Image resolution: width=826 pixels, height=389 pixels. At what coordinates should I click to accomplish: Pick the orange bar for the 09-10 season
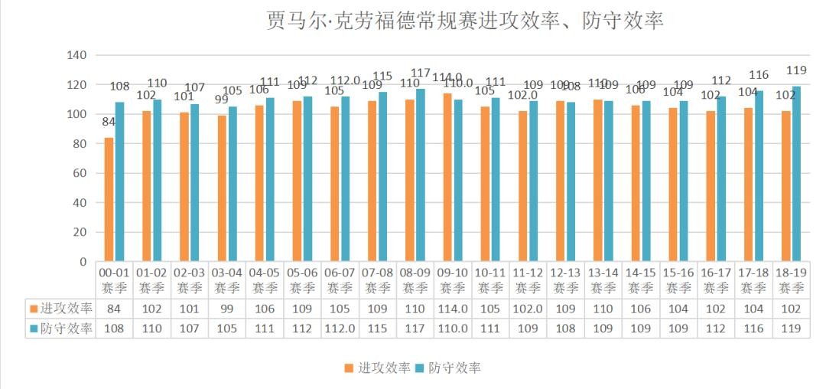point(447,178)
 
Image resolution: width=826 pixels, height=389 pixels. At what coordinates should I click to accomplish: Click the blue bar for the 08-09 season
point(420,175)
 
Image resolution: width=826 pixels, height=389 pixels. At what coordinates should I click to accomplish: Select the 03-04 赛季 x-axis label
point(226,280)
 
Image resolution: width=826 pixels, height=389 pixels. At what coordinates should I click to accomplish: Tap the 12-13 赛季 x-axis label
point(565,280)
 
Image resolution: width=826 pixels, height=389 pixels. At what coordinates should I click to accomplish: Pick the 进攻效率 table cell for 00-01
point(113,309)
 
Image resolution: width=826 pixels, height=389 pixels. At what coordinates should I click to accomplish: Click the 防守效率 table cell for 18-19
point(791,329)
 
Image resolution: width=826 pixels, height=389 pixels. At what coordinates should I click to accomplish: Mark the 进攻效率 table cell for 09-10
point(452,309)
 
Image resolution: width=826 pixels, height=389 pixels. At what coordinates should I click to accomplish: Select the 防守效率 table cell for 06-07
point(340,329)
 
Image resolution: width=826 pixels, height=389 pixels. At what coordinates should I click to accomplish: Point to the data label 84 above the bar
point(109,123)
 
